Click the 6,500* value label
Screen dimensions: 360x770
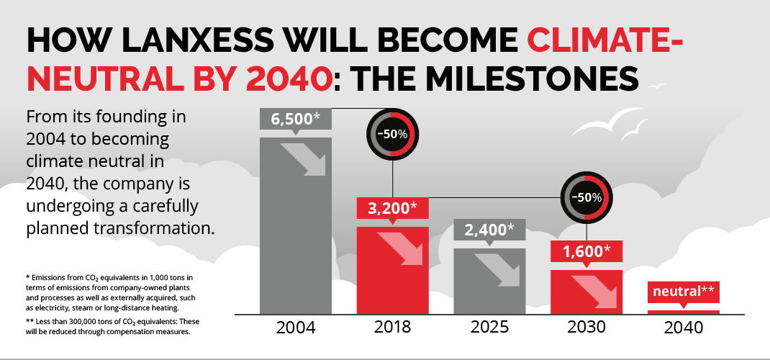[x=296, y=120]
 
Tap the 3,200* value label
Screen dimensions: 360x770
[x=393, y=209]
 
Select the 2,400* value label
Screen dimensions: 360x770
[x=489, y=230]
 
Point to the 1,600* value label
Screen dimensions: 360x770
[x=586, y=251]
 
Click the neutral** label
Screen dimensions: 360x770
[x=683, y=292]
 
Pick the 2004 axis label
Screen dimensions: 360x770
[x=296, y=328]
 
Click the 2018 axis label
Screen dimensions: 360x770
[x=393, y=328]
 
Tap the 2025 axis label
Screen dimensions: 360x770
[x=489, y=328]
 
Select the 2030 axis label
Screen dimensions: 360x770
[x=586, y=328]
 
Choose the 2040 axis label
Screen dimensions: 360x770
[x=683, y=328]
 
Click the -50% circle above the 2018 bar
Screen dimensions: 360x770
[x=393, y=135]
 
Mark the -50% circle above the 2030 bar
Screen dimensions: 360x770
[x=586, y=197]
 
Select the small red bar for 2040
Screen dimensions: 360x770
[x=683, y=312]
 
